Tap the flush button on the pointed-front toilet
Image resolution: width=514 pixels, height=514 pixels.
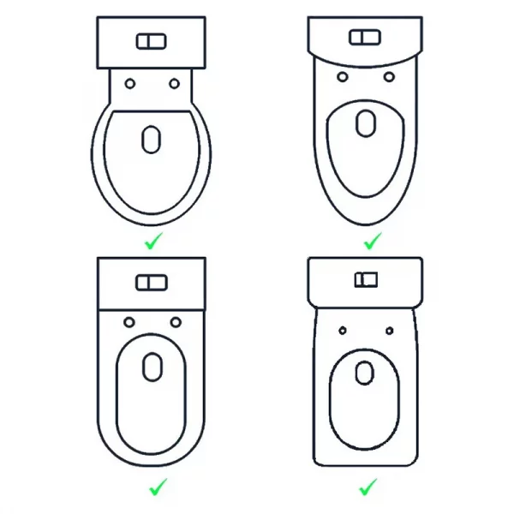(366, 38)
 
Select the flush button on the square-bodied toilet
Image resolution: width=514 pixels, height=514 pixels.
(366, 280)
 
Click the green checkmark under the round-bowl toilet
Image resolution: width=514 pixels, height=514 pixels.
(152, 242)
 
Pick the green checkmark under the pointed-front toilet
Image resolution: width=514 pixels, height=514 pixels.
(371, 242)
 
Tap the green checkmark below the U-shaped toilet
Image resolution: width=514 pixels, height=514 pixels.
(157, 487)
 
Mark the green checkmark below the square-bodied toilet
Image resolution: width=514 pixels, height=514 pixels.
(368, 487)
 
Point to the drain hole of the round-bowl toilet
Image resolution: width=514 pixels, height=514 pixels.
(151, 139)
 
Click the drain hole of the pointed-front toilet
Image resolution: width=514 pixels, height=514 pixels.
(366, 123)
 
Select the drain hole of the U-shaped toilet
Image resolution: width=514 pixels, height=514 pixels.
(152, 368)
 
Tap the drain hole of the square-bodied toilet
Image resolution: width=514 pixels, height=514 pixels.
(365, 373)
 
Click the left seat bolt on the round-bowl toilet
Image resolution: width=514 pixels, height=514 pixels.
(129, 83)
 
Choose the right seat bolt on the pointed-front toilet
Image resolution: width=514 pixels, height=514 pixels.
(390, 77)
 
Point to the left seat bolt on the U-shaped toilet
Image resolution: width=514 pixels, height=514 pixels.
(128, 323)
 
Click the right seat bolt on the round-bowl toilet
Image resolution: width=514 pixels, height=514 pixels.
(174, 83)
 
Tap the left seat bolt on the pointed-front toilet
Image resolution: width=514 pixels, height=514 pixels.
(343, 77)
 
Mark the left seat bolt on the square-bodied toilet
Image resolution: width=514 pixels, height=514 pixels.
(342, 330)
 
